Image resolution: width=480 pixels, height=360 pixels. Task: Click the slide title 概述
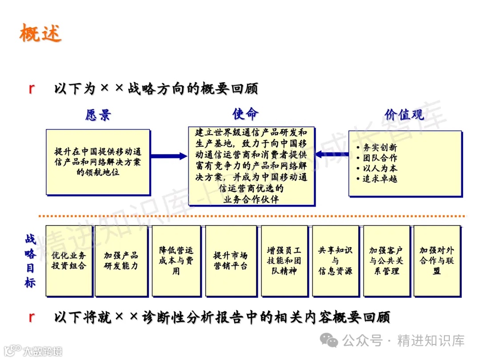click(x=40, y=33)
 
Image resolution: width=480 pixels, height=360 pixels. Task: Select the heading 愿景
click(x=98, y=115)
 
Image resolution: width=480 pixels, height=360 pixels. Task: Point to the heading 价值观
click(x=404, y=114)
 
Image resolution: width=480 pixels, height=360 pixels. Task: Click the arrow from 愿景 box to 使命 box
click(x=169, y=156)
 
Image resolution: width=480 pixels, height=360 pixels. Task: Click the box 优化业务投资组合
click(x=69, y=260)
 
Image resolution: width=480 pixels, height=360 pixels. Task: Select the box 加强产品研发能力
click(x=121, y=260)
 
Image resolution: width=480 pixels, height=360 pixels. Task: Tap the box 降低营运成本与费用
click(x=176, y=260)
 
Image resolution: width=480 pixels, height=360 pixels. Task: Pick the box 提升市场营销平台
click(x=231, y=260)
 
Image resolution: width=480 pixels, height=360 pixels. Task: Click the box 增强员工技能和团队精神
click(x=284, y=260)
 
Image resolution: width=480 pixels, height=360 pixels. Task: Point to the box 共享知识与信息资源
click(x=335, y=260)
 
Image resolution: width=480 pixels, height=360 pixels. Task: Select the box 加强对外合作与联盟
click(x=436, y=260)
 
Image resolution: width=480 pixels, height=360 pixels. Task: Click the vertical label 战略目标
click(x=30, y=260)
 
